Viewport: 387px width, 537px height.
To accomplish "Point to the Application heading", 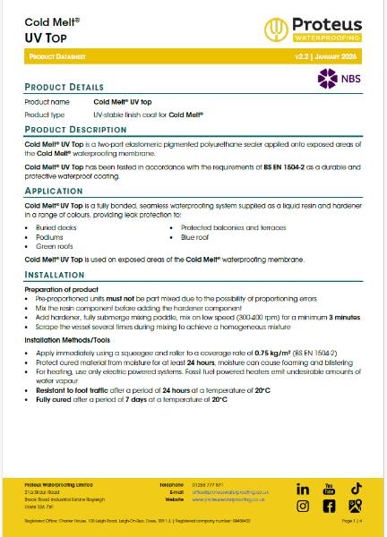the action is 54,191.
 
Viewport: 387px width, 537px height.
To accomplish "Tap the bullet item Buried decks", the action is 55,229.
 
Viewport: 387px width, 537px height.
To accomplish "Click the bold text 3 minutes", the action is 343,317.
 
